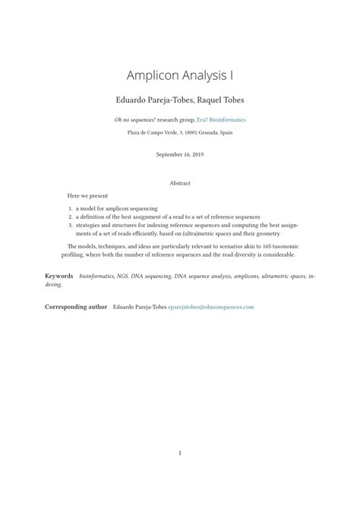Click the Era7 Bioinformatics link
click(x=221, y=120)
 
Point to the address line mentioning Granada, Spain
click(x=180, y=132)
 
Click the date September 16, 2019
click(x=180, y=154)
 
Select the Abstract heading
click(x=180, y=183)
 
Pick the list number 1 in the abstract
click(x=70, y=208)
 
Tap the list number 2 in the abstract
click(x=70, y=217)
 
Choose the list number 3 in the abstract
click(x=70, y=226)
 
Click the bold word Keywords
click(x=59, y=277)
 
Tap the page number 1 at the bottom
click(x=180, y=454)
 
